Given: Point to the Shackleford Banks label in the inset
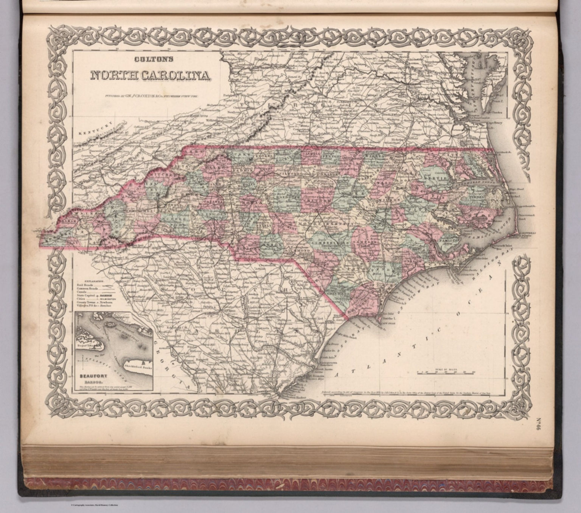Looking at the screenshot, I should coord(136,369).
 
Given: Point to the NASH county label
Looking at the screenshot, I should coord(387,183).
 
